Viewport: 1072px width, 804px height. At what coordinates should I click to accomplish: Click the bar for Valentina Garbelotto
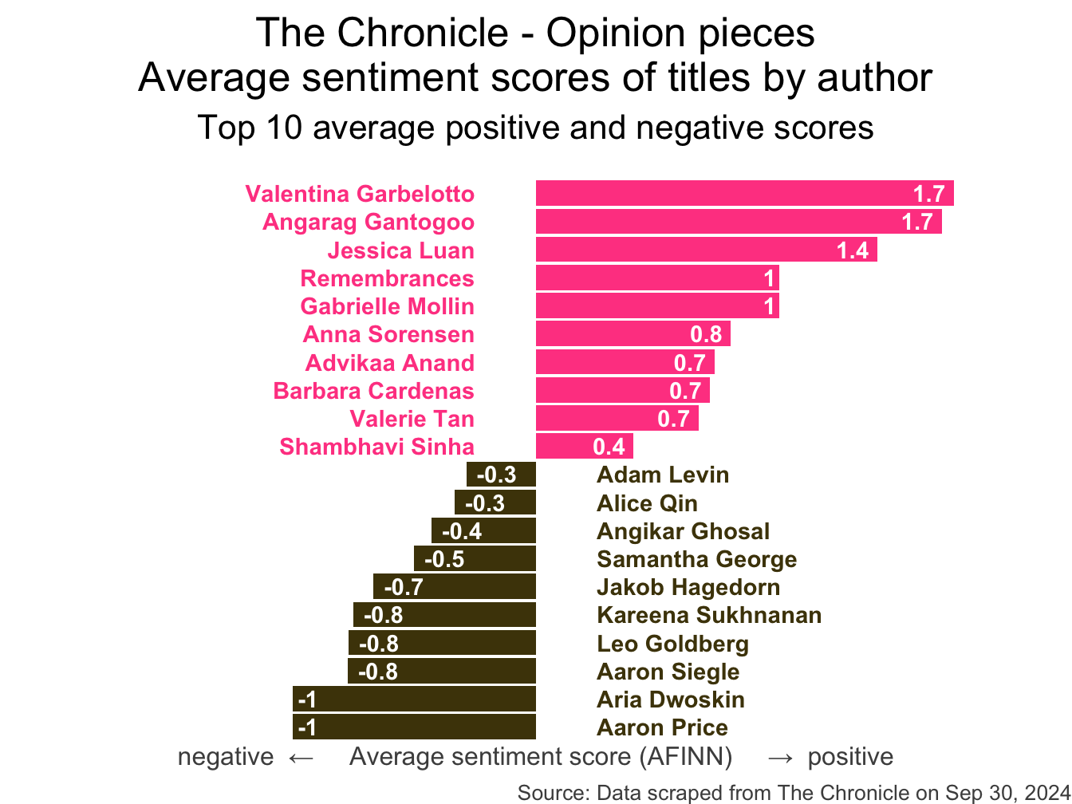pyautogui.click(x=718, y=194)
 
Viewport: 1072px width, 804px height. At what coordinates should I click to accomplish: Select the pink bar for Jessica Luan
pyautogui.click(x=678, y=250)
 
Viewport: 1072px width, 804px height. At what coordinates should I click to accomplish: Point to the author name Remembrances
pyautogui.click(x=387, y=278)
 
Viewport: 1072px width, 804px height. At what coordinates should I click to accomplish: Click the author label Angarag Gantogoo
pyautogui.click(x=368, y=222)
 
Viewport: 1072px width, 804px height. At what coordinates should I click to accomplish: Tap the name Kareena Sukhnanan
pyautogui.click(x=709, y=615)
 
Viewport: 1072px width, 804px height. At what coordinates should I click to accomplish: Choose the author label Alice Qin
pyautogui.click(x=647, y=503)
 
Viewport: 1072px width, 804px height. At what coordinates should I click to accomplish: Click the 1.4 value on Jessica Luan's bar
pyautogui.click(x=852, y=250)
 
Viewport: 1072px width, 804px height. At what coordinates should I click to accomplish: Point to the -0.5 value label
pyautogui.click(x=444, y=559)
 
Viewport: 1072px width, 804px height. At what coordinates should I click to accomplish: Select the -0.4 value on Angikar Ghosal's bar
pyautogui.click(x=462, y=531)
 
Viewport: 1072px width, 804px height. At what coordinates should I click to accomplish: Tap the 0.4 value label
pyautogui.click(x=609, y=447)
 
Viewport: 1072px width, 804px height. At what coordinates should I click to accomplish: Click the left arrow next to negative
pyautogui.click(x=301, y=757)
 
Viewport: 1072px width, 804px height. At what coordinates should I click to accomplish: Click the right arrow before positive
pyautogui.click(x=779, y=757)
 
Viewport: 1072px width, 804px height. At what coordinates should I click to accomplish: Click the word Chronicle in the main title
pyautogui.click(x=424, y=33)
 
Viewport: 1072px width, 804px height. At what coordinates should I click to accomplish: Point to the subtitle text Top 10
pyautogui.click(x=249, y=128)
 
